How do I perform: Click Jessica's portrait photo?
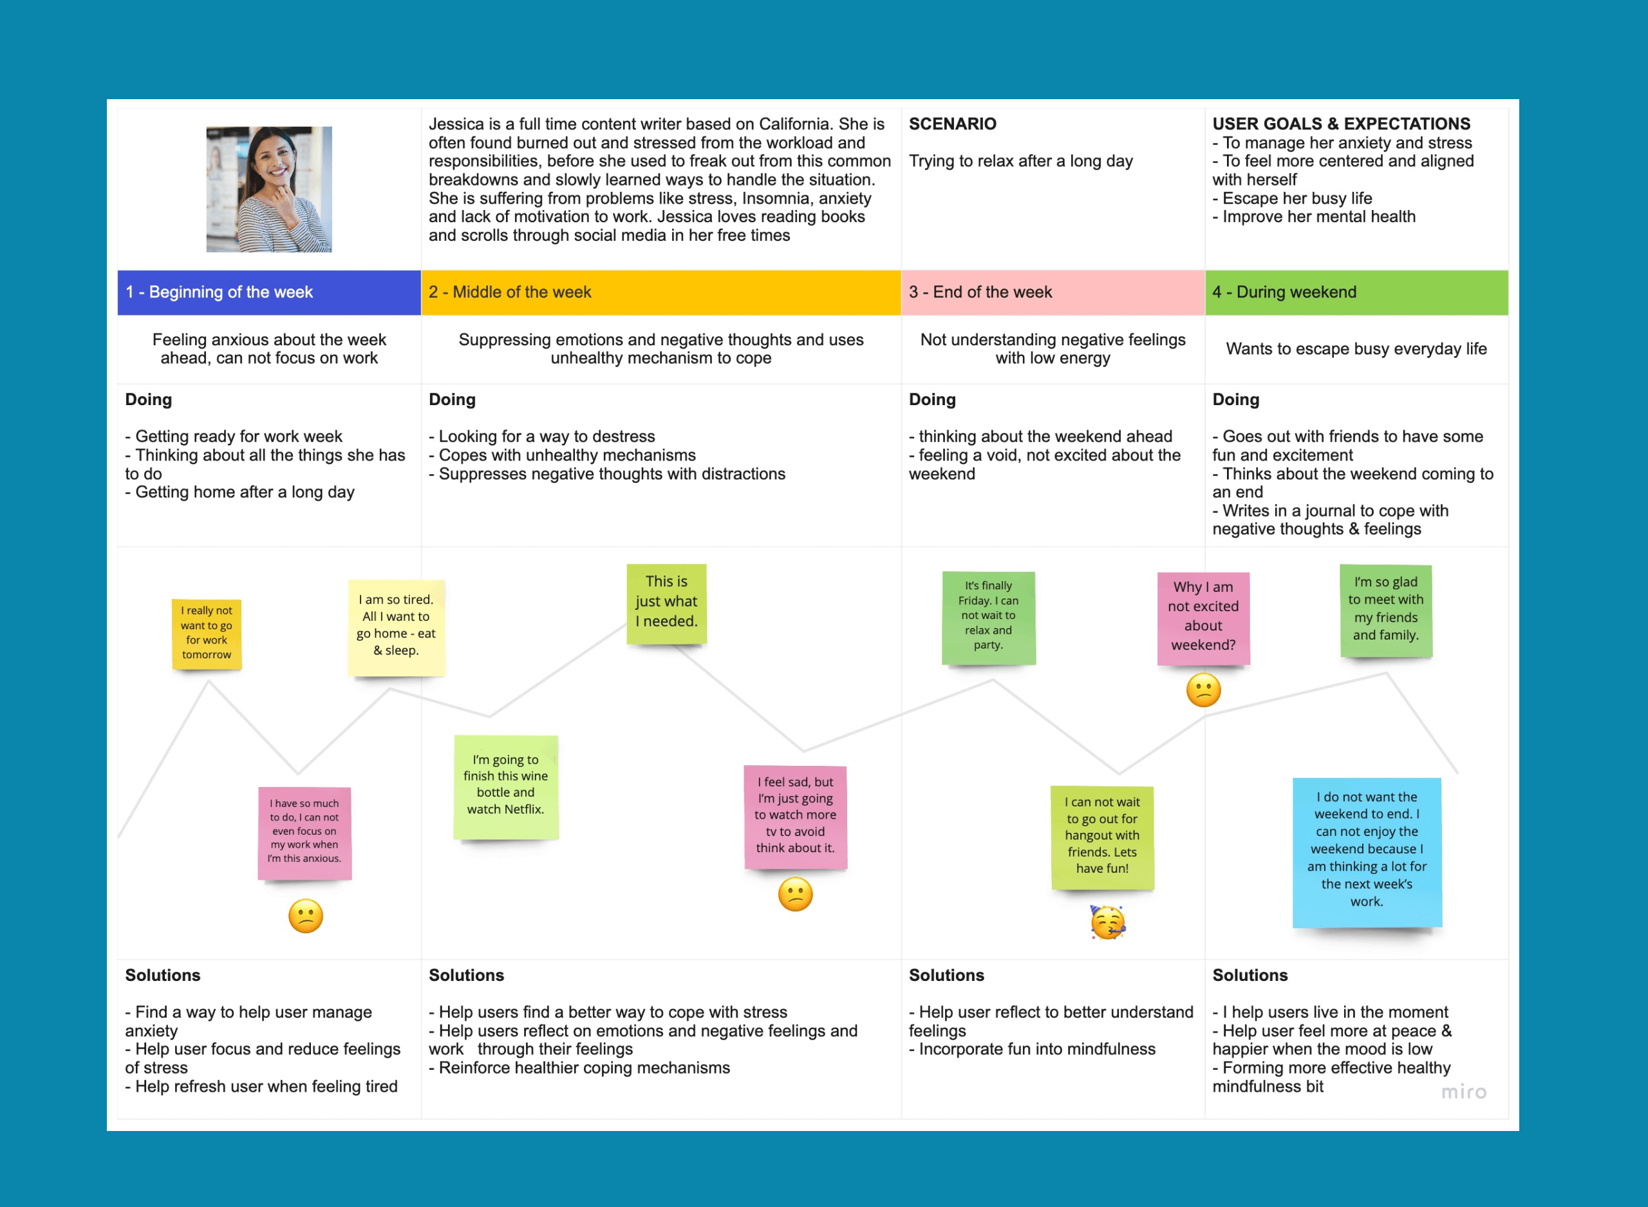[x=268, y=189]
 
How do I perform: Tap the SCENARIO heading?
[x=952, y=124]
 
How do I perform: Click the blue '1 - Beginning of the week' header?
[x=268, y=292]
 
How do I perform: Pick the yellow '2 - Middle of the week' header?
[x=660, y=292]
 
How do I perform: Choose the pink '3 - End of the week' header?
[x=1052, y=292]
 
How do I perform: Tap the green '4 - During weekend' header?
[x=1356, y=292]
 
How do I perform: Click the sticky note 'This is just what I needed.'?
[x=666, y=603]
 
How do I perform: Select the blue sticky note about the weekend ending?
[x=1366, y=851]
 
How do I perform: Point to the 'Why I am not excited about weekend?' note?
[x=1203, y=618]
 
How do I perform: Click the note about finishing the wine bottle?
[x=505, y=786]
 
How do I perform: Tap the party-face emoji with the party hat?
[x=1107, y=922]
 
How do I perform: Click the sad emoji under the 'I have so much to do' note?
[x=305, y=915]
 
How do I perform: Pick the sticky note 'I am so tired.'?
[x=396, y=627]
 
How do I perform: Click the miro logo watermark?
[x=1463, y=1092]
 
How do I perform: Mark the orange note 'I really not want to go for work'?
[x=207, y=634]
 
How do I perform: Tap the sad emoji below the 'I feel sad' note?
[x=795, y=894]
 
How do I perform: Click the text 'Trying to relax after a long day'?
[x=1020, y=162]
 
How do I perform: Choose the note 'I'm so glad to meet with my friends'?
[x=1385, y=610]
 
